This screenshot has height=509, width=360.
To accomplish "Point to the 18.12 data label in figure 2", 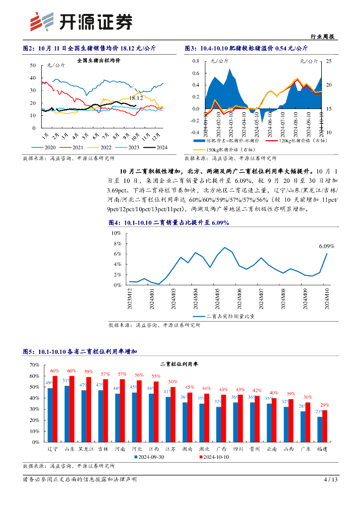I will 136,98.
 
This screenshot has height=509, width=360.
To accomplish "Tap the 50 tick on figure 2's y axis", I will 32,65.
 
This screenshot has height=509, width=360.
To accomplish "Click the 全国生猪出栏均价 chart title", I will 99,61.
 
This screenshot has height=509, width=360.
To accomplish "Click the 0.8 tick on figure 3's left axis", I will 195,61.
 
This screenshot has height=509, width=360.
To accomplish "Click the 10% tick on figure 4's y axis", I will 116,233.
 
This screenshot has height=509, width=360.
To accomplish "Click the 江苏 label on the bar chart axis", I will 170,449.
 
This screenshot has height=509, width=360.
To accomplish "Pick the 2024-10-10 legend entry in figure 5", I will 216,457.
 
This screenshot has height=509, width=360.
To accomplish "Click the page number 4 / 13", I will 331,480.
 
